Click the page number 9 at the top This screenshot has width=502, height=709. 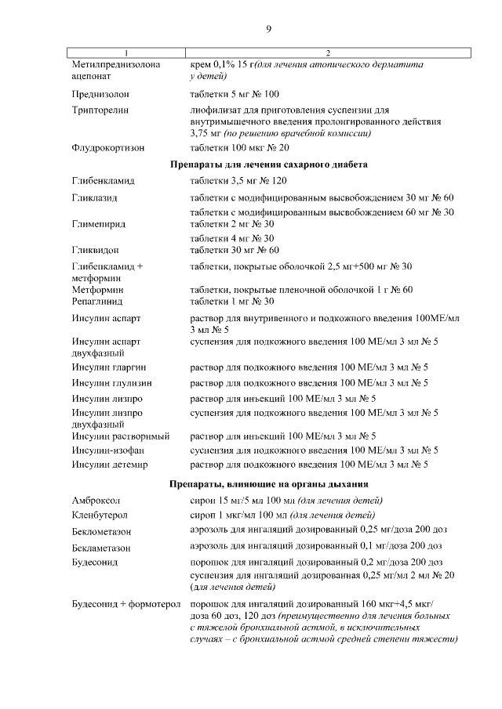(269, 29)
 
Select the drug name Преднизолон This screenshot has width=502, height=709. (100, 94)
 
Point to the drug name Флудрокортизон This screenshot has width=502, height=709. (108, 147)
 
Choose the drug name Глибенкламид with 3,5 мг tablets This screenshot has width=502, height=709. (103, 181)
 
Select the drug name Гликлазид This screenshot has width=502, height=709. (96, 197)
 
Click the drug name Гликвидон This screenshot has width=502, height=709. (97, 251)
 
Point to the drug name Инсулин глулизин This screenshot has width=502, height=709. (112, 383)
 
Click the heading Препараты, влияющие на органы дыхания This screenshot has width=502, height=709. (269, 483)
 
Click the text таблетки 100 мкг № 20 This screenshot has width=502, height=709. (240, 147)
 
